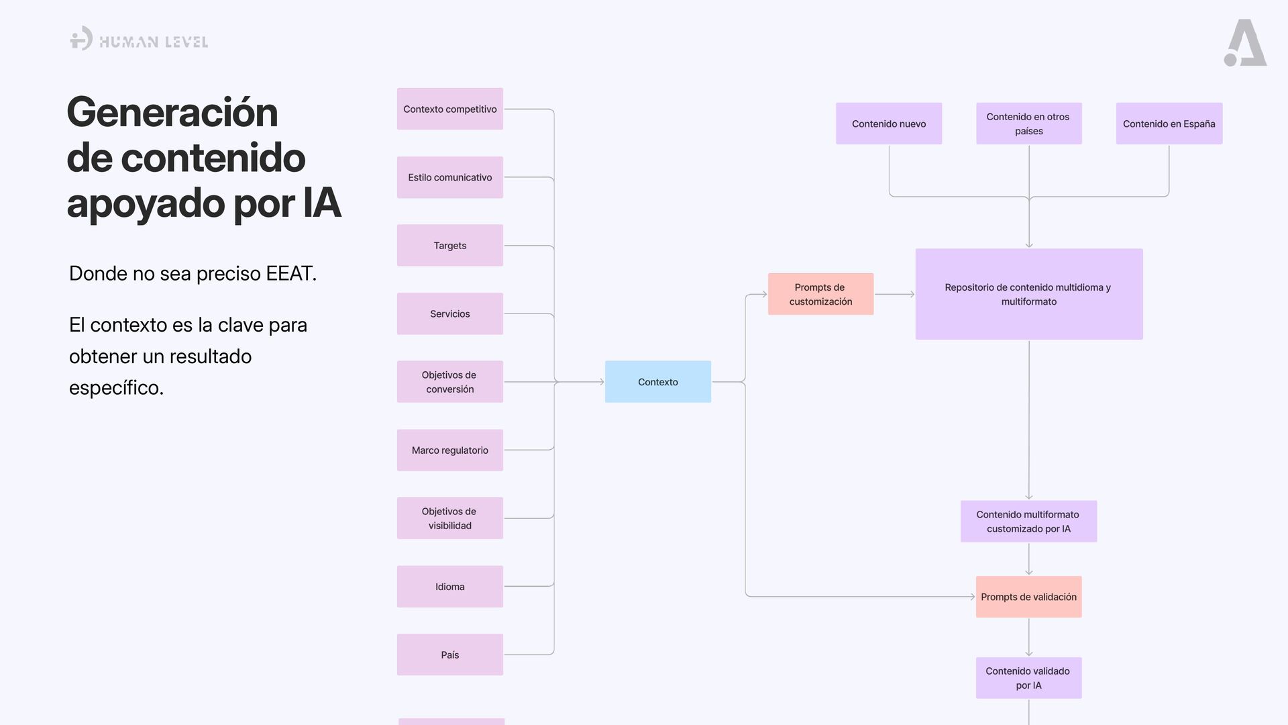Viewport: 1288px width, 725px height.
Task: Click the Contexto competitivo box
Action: tap(449, 109)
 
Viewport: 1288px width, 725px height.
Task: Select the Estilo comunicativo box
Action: tap(449, 177)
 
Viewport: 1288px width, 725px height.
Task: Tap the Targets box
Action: tap(449, 246)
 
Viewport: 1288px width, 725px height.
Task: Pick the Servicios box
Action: tap(449, 313)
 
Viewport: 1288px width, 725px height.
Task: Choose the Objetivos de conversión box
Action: tap(449, 382)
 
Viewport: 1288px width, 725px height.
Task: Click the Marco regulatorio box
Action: tap(449, 450)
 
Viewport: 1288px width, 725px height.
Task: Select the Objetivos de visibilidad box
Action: tap(449, 518)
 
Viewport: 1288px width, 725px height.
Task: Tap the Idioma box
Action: tap(449, 587)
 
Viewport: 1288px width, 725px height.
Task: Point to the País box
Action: tap(449, 655)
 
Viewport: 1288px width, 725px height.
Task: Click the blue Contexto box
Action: tap(657, 382)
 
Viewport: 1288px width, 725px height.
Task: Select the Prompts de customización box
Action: tap(820, 294)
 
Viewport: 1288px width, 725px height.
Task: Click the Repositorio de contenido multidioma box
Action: tap(1028, 294)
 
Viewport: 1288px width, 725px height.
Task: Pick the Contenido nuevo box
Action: tap(889, 124)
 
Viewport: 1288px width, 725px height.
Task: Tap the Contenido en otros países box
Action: tap(1028, 124)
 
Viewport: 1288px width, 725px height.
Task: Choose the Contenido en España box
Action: tap(1169, 124)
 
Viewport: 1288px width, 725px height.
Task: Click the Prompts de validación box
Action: tap(1028, 597)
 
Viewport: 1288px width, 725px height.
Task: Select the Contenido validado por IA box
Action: tap(1028, 678)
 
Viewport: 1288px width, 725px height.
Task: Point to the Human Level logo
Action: tap(139, 40)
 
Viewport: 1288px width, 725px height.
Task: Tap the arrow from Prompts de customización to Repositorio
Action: tap(894, 294)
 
